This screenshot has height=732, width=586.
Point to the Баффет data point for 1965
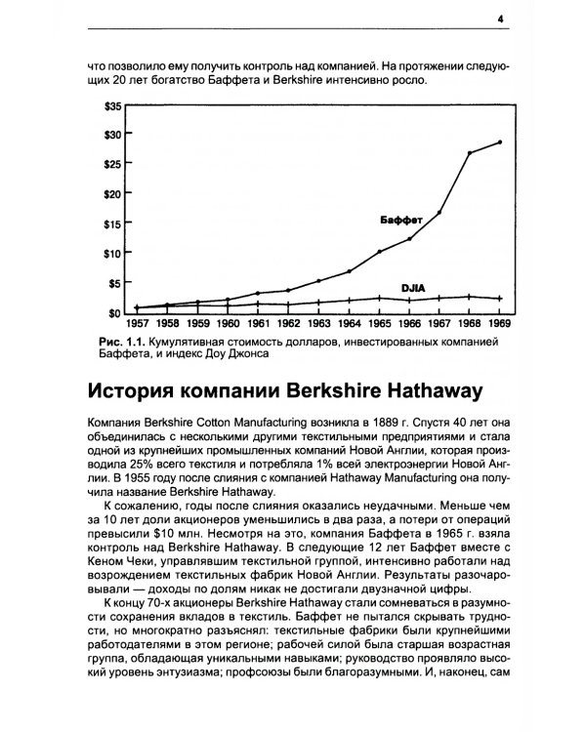coord(379,252)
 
